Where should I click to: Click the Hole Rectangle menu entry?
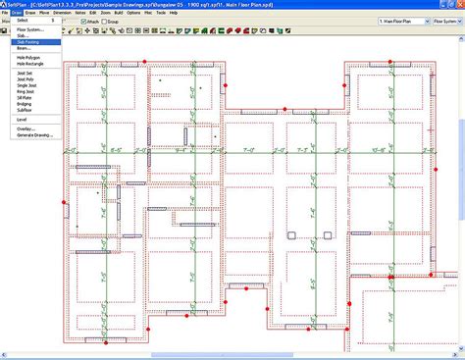[28, 65]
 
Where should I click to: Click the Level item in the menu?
[21, 120]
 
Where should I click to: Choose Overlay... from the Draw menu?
[24, 129]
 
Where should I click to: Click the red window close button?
[459, 4]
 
